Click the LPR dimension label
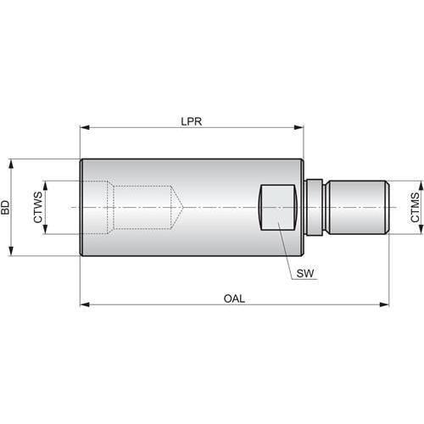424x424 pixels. (x=192, y=120)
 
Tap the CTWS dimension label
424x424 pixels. (x=38, y=207)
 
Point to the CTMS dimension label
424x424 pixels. (x=415, y=207)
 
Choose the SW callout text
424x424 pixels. (x=304, y=273)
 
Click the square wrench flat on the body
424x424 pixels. (x=277, y=207)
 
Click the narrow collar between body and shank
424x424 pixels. (x=313, y=207)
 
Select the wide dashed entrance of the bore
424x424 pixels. (x=98, y=207)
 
